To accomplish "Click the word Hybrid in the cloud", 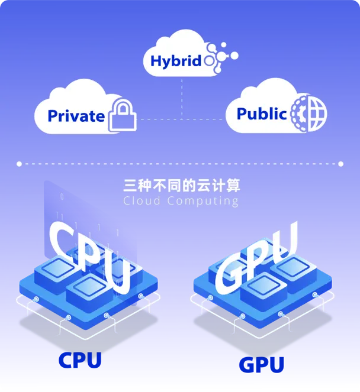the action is click(176, 61).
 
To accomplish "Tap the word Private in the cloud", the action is click(76, 115).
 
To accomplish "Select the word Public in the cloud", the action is click(261, 114).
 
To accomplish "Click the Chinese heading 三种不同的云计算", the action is click(181, 186).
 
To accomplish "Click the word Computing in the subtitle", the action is click(203, 202).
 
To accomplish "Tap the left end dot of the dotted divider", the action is click(19, 163).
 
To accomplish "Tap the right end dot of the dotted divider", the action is click(340, 163).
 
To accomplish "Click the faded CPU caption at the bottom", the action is click(81, 360).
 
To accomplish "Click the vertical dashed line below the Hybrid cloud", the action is click(182, 95).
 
